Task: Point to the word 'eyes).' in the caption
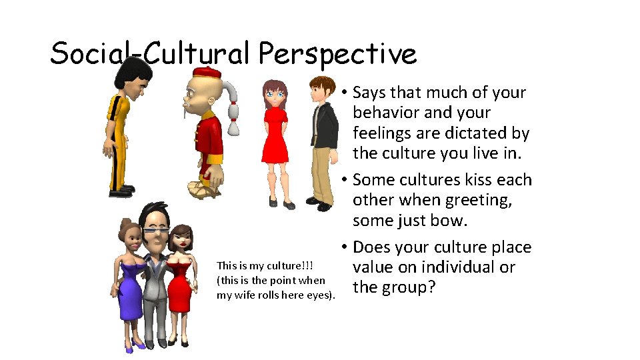pyautogui.click(x=319, y=295)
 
